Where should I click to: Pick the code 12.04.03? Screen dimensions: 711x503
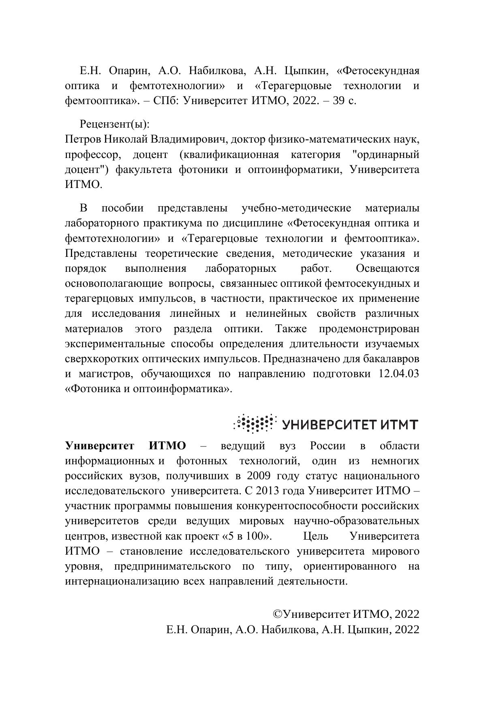398,373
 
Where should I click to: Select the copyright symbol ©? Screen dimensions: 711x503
278,614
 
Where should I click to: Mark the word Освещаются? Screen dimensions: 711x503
387,268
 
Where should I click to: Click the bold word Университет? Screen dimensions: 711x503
100,446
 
